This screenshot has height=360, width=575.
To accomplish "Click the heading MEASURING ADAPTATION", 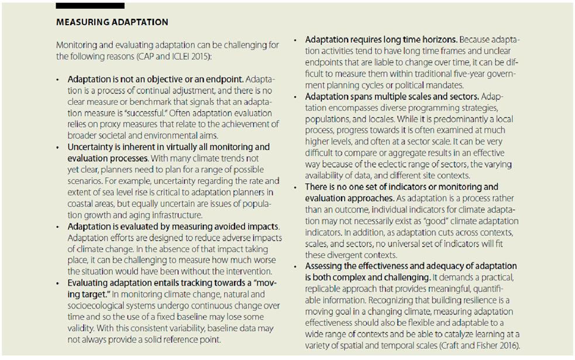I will (112, 22).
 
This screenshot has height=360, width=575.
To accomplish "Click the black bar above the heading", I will (90, 5).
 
